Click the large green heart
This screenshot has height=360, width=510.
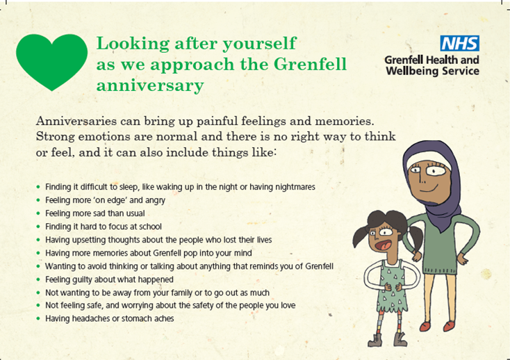point(51,61)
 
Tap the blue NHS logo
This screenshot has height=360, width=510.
point(459,43)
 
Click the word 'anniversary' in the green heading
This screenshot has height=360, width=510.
point(150,85)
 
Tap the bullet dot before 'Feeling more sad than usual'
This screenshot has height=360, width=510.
point(38,213)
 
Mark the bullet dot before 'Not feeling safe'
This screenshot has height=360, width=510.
point(38,305)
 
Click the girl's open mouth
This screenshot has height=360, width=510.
point(382,245)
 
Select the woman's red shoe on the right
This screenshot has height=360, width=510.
point(449,325)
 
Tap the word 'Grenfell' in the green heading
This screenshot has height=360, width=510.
point(310,64)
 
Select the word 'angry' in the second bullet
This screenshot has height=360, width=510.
point(155,200)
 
